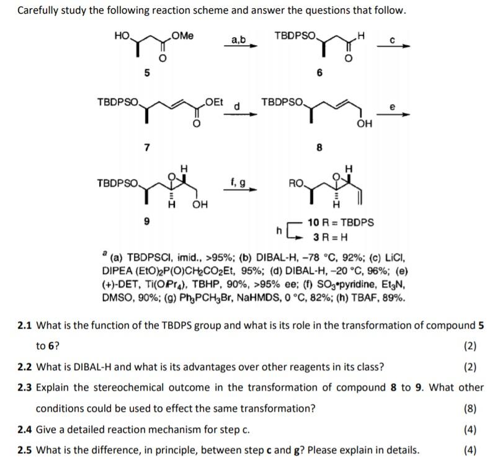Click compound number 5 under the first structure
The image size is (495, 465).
coord(147,73)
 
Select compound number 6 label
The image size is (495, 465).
coord(319,73)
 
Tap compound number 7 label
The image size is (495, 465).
coord(146,147)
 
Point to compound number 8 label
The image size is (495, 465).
coord(319,148)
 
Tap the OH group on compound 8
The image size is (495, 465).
coord(364,124)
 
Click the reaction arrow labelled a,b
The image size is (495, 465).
coord(239,46)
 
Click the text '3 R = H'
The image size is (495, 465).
coord(330,237)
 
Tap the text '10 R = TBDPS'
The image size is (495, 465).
coord(341,222)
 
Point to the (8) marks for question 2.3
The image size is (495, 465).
coord(470,408)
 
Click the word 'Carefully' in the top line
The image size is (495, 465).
coord(39,11)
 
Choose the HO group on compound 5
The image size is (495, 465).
coord(122,36)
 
